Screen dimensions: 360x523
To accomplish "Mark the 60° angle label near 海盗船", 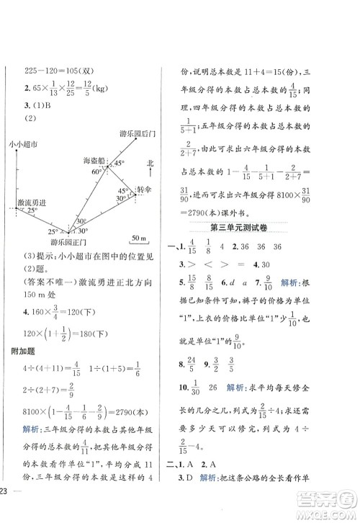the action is tap(96, 173).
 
